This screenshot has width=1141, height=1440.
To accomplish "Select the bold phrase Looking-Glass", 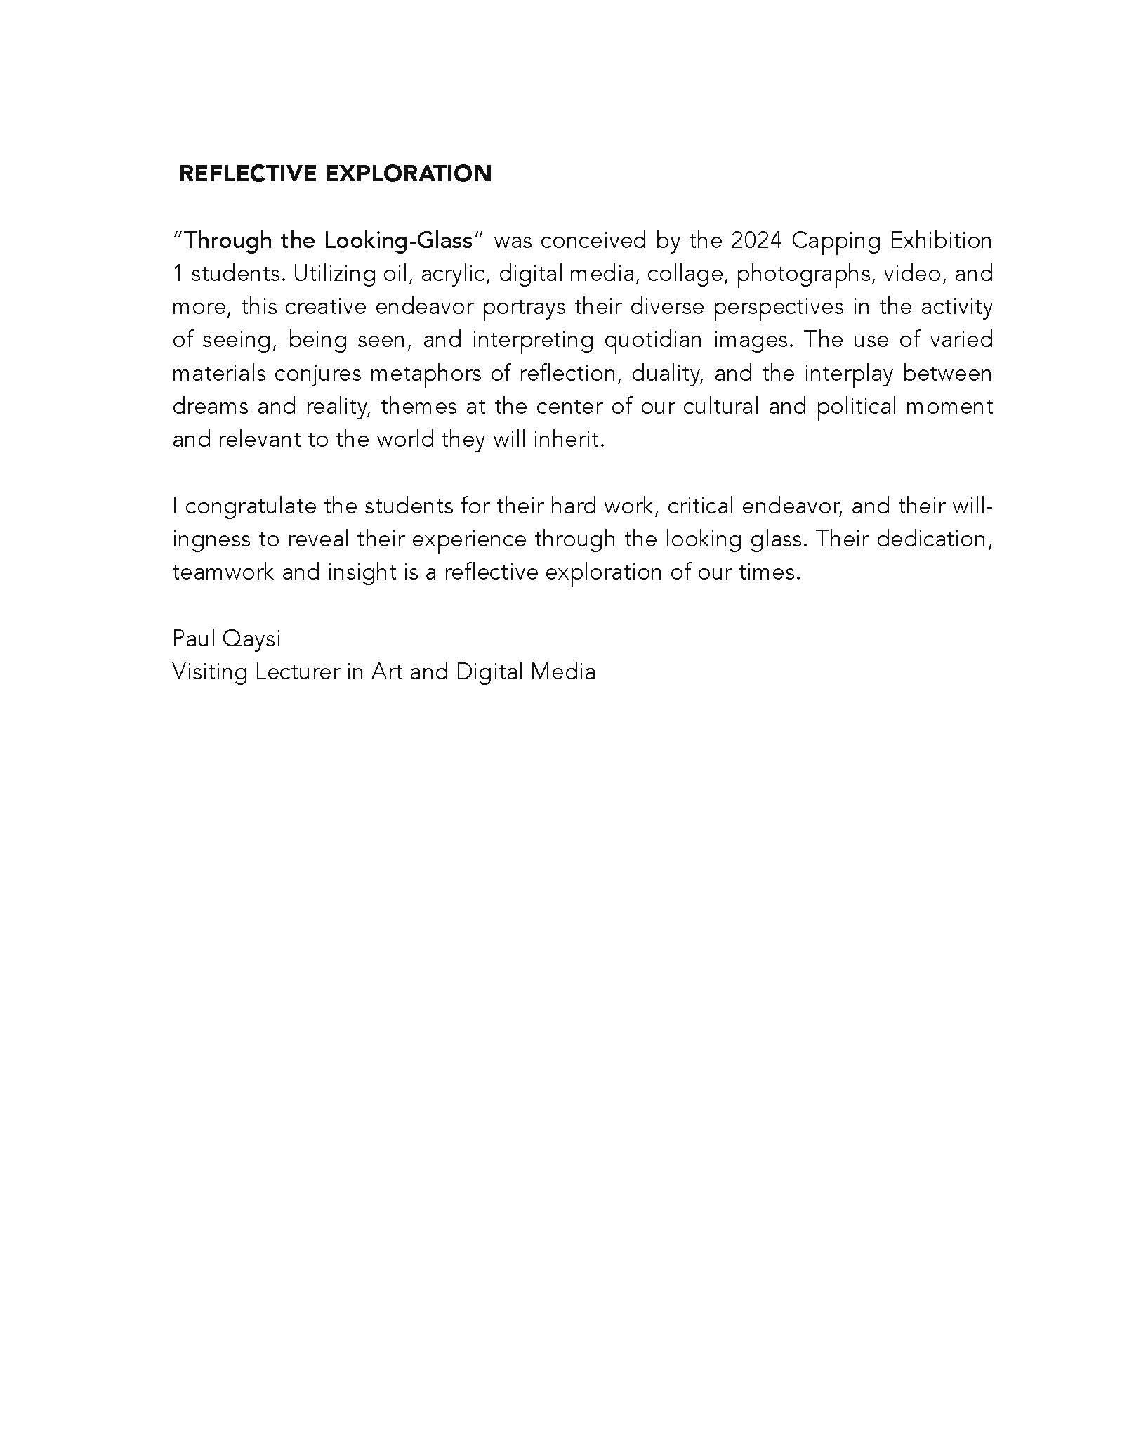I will click(x=398, y=241).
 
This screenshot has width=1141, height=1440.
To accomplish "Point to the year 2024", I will click(x=756, y=241).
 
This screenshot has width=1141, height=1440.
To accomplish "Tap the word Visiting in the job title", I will click(x=209, y=672).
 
